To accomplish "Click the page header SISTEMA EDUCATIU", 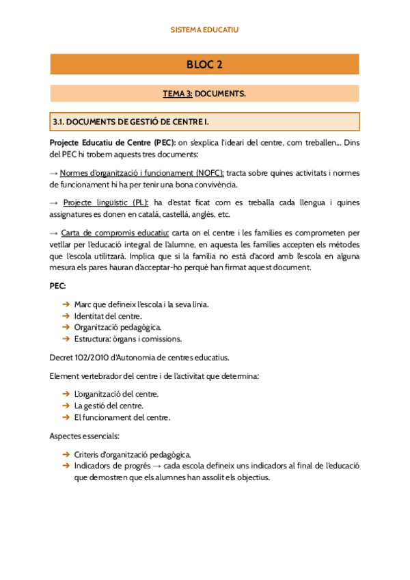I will (x=204, y=29).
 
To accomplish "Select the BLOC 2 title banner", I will (x=204, y=65).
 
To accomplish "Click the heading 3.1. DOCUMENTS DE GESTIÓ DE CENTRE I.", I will (x=131, y=122).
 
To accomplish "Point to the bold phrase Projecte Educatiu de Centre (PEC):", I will (x=113, y=143).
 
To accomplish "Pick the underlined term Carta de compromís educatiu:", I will (x=115, y=233).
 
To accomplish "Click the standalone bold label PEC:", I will (x=59, y=285).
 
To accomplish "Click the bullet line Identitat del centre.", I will (x=107, y=315).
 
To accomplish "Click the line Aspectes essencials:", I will (x=85, y=435).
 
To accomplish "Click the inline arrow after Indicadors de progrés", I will (x=156, y=466).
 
